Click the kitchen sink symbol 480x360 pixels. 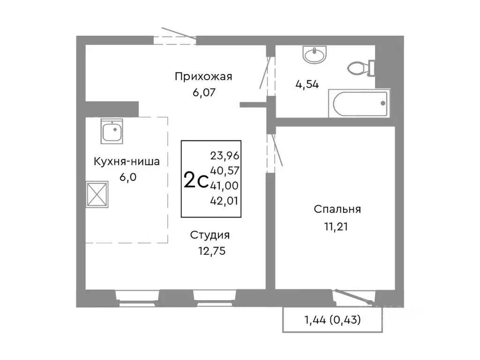pos(112,132)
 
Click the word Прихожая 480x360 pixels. pos(203,76)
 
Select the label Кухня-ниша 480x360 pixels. pos(127,162)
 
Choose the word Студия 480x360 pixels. pos(210,235)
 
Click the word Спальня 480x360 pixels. pos(337,210)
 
